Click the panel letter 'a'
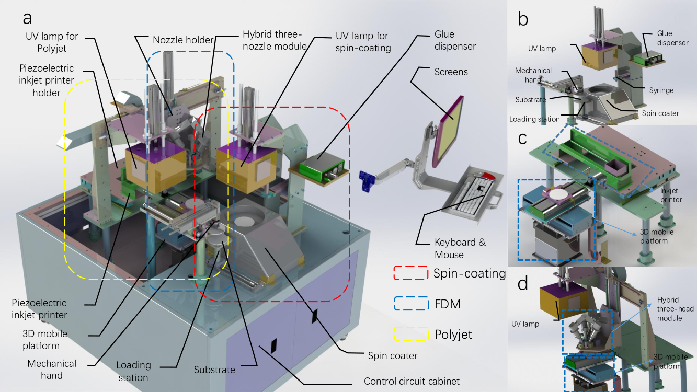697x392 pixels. coord(27,18)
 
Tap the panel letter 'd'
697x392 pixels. coord(523,283)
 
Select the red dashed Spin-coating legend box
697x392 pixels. coord(411,273)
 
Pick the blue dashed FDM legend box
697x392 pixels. coord(412,304)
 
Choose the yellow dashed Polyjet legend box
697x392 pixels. coord(412,334)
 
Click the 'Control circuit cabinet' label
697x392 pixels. coord(412,381)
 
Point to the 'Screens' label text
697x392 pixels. coord(451,72)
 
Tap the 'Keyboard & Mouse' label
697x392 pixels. coord(460,248)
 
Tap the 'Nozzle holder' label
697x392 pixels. coord(183,40)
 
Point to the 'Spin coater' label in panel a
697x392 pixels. coord(392,355)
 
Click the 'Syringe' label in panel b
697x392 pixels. coord(661,90)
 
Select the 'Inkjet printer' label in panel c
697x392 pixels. coord(671,195)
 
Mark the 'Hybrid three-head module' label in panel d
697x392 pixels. coord(675,309)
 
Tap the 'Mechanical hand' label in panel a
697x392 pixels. coord(52,370)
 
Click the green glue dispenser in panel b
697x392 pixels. coord(648,60)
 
